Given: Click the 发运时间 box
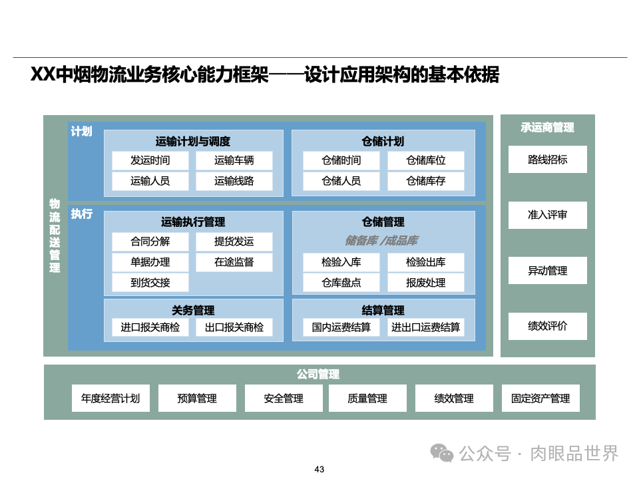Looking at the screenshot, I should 150,160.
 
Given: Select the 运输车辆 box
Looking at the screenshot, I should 234,160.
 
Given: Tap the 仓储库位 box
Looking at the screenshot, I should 425,160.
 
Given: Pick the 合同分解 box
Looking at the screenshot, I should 150,241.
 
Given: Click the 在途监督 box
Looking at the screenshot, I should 234,262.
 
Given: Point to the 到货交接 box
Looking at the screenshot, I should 150,283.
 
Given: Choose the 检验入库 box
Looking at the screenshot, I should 341,262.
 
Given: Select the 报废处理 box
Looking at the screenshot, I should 425,283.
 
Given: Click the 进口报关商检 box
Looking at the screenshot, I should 150,327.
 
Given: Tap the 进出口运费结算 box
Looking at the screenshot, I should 425,327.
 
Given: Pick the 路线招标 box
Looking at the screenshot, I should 547,160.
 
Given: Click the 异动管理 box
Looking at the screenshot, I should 547,271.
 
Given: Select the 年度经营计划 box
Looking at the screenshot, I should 110,399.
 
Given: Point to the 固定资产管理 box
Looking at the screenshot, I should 540,399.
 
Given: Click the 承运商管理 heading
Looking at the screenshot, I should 547,127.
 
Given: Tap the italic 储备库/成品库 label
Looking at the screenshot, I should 381,241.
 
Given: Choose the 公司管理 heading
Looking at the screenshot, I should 318,375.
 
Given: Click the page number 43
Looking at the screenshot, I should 319,470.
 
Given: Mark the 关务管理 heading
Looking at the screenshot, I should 193,310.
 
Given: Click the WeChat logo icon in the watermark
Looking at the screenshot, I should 441,452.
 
